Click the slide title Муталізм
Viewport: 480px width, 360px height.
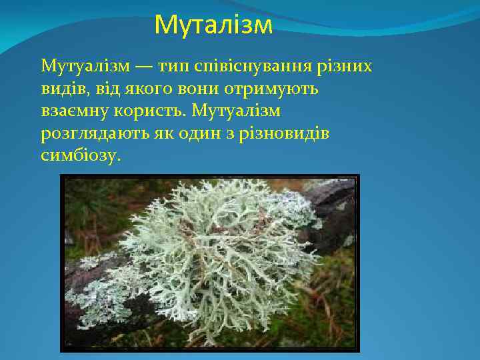(213, 25)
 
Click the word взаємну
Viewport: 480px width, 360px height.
(73, 111)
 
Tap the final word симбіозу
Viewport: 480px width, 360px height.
(81, 155)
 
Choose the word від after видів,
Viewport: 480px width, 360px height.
(98, 89)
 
